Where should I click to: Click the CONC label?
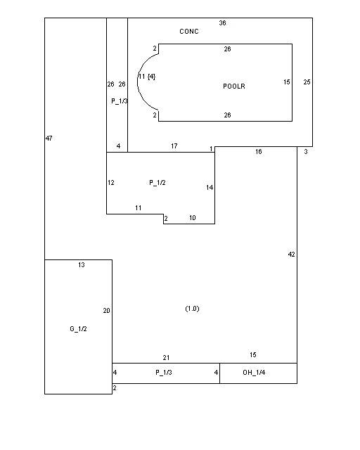point(189,31)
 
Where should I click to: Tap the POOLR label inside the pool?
point(234,86)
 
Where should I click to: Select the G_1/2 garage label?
point(78,329)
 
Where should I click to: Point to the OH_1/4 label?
point(254,373)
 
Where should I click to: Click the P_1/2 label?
point(157,183)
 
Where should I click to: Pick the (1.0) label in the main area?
point(193,309)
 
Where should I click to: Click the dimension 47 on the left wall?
point(49,139)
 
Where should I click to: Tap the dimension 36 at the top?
point(222,23)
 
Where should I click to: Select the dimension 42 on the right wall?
point(291,255)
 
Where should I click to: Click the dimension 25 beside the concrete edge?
point(307,82)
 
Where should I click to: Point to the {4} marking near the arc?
point(151,77)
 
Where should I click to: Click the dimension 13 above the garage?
point(82,265)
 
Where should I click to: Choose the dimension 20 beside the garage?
point(106,311)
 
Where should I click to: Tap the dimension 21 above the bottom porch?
point(166,358)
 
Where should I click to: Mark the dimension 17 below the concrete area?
point(174,146)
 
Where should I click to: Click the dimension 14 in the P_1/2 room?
point(210,188)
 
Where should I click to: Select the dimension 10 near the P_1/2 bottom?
point(193,218)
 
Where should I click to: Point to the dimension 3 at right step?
point(306,152)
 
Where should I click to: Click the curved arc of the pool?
point(138,82)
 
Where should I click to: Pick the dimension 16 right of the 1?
point(259,152)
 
